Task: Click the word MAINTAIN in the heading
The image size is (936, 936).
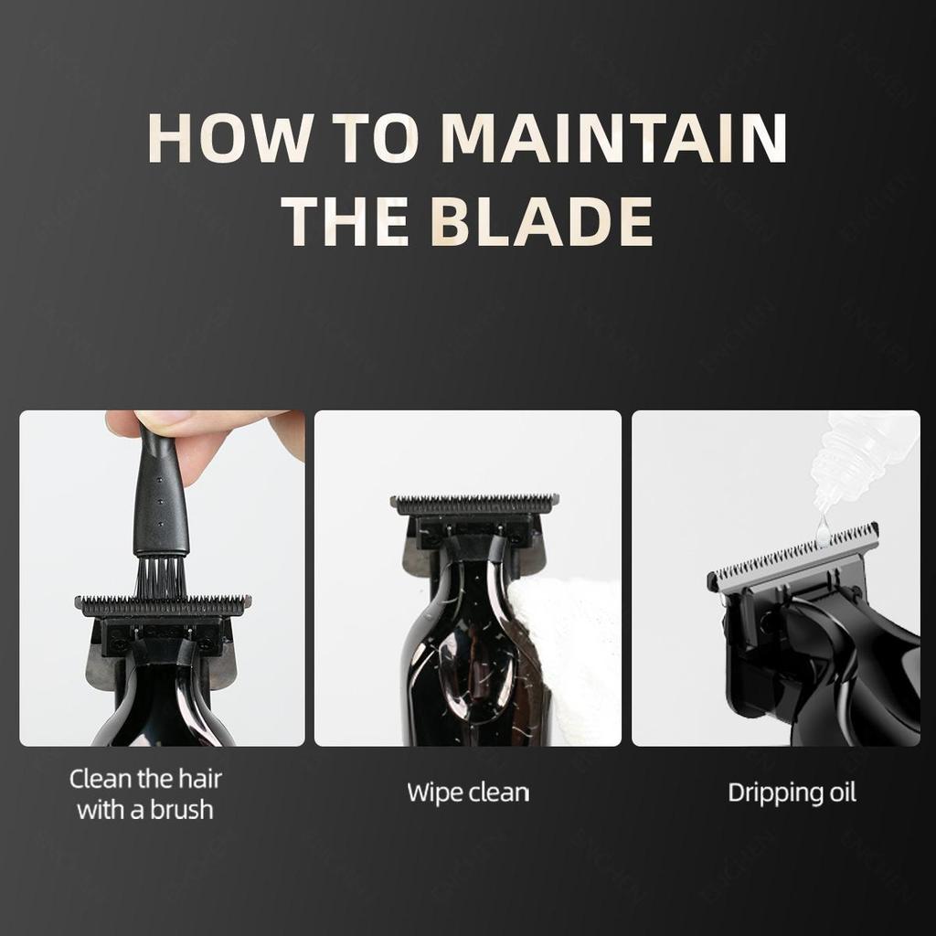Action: coord(613,138)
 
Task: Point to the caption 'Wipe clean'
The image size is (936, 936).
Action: coord(468,792)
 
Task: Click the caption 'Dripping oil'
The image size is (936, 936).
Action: coord(792,792)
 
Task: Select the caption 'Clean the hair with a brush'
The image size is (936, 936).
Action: coord(145,793)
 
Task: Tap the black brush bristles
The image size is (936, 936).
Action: coord(161,577)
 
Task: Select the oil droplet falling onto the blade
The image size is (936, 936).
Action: coord(824,528)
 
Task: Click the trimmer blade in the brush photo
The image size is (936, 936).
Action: coord(163,604)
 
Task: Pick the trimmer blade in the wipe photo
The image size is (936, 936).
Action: coord(473,504)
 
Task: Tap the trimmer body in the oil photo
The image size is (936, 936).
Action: coord(841,676)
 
